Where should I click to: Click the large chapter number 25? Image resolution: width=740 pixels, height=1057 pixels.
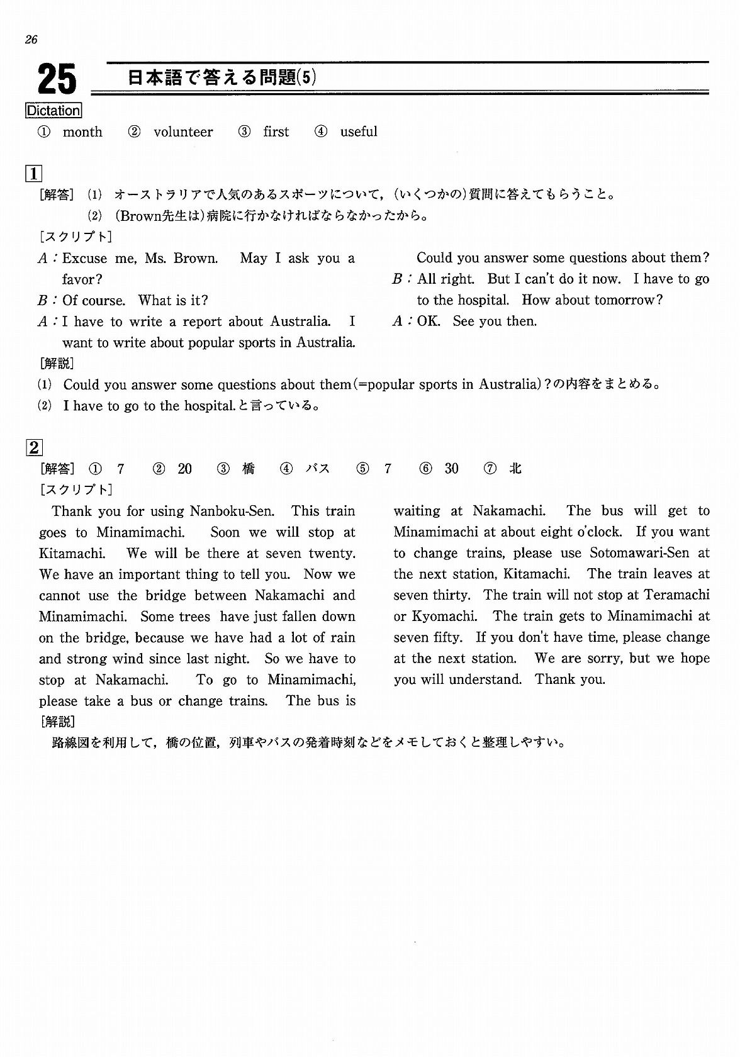tap(57, 80)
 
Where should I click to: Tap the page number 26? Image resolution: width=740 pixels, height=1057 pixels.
tap(31, 40)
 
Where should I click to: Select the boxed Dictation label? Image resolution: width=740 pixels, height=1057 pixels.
tap(53, 111)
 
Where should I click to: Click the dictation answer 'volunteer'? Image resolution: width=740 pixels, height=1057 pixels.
tap(183, 132)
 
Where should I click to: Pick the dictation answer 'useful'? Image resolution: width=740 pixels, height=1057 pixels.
tap(359, 132)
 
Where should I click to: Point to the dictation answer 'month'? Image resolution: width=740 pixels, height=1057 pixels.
tap(82, 132)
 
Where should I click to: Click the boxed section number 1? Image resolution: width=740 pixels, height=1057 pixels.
tap(33, 173)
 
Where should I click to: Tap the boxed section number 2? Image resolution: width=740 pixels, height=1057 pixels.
tap(33, 447)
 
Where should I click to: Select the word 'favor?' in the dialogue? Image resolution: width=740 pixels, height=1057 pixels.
tap(82, 279)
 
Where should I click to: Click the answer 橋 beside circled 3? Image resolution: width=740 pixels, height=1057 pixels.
tap(249, 469)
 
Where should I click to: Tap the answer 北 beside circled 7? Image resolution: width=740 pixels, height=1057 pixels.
tap(515, 469)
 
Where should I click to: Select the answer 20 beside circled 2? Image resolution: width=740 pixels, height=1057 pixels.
tap(184, 469)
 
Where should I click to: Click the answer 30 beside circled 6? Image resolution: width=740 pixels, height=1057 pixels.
tap(451, 469)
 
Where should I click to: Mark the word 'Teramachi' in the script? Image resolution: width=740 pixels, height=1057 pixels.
tap(678, 595)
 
